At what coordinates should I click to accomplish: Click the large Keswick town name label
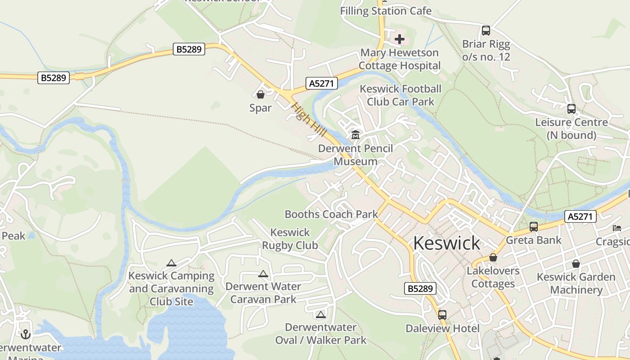click(x=446, y=243)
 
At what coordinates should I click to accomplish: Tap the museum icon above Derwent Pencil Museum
click(x=355, y=135)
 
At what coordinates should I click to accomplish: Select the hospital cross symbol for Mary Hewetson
click(x=399, y=39)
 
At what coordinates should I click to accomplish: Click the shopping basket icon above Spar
click(x=261, y=94)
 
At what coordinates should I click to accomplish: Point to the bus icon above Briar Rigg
click(x=486, y=31)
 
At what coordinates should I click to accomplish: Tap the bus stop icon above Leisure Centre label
click(x=571, y=109)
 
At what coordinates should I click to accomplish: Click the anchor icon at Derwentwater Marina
click(x=25, y=334)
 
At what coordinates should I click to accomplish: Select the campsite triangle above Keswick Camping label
click(x=171, y=263)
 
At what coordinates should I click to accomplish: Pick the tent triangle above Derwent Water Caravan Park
click(x=263, y=274)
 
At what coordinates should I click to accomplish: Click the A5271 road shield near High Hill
click(x=321, y=83)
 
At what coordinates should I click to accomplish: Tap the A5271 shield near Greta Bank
click(x=580, y=217)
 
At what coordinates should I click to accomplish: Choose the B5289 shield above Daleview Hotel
click(x=420, y=288)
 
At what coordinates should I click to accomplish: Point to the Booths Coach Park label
click(x=331, y=214)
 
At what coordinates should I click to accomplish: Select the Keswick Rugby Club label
click(x=290, y=239)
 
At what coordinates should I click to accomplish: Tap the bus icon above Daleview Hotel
click(x=442, y=315)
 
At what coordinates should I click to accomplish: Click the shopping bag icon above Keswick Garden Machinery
click(x=576, y=264)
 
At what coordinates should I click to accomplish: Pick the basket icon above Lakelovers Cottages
click(x=493, y=258)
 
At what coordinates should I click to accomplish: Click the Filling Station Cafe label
click(x=386, y=11)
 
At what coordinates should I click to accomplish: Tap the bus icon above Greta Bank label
click(x=534, y=227)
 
